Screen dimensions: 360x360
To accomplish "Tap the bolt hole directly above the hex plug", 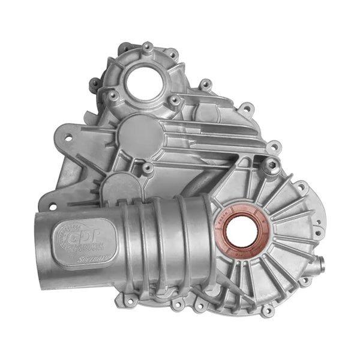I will [x=273, y=146].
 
